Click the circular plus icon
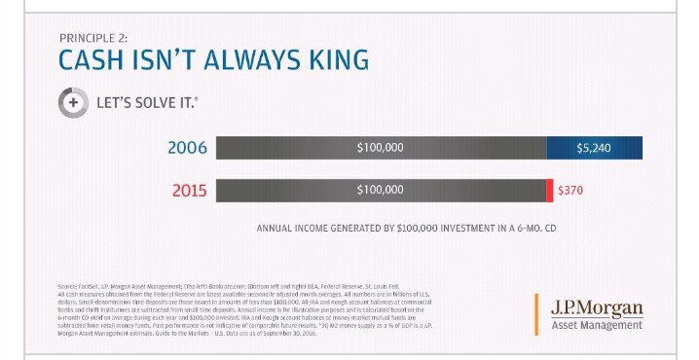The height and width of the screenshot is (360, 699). coord(72,101)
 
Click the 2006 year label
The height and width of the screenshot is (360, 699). coord(187,148)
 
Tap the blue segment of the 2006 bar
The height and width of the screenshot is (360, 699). coord(594,148)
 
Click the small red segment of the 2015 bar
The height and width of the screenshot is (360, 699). coord(549,190)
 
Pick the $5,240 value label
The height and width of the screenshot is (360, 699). coord(593,148)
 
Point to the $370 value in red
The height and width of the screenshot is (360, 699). coord(570,190)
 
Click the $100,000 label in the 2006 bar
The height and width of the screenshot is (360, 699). coord(381,148)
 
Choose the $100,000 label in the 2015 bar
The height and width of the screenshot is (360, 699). coord(381,190)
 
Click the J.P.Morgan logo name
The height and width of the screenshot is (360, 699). coord(597,308)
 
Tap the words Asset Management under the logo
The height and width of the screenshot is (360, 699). coord(597,325)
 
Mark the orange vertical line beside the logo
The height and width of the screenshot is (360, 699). coord(536,312)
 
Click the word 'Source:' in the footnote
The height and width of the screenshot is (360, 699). coord(68,285)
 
